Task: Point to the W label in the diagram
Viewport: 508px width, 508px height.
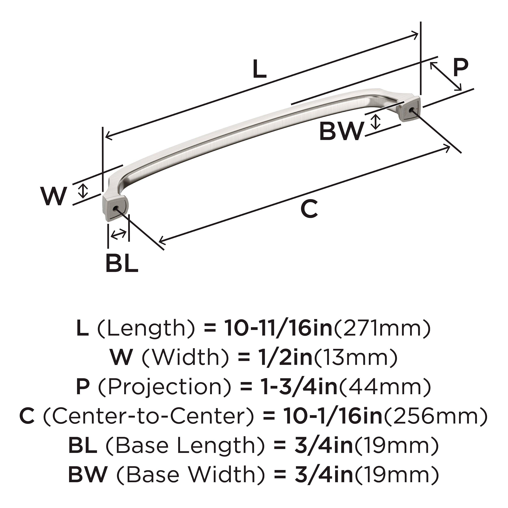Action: point(53,196)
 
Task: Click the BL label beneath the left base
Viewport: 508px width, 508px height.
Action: point(122,263)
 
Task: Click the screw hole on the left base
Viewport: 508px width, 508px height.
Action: point(115,208)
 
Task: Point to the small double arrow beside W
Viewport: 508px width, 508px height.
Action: point(83,191)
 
